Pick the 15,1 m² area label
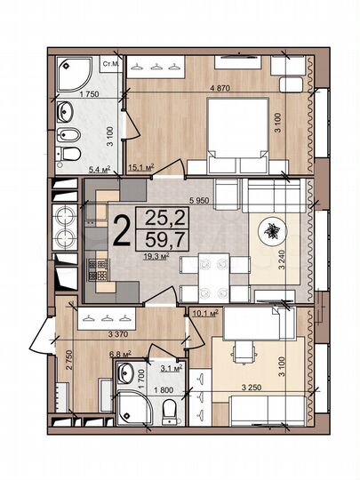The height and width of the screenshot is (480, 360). pos(142,166)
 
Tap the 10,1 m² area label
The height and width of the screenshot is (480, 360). pos(204,312)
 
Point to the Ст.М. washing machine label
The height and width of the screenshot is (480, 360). pos(112,65)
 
